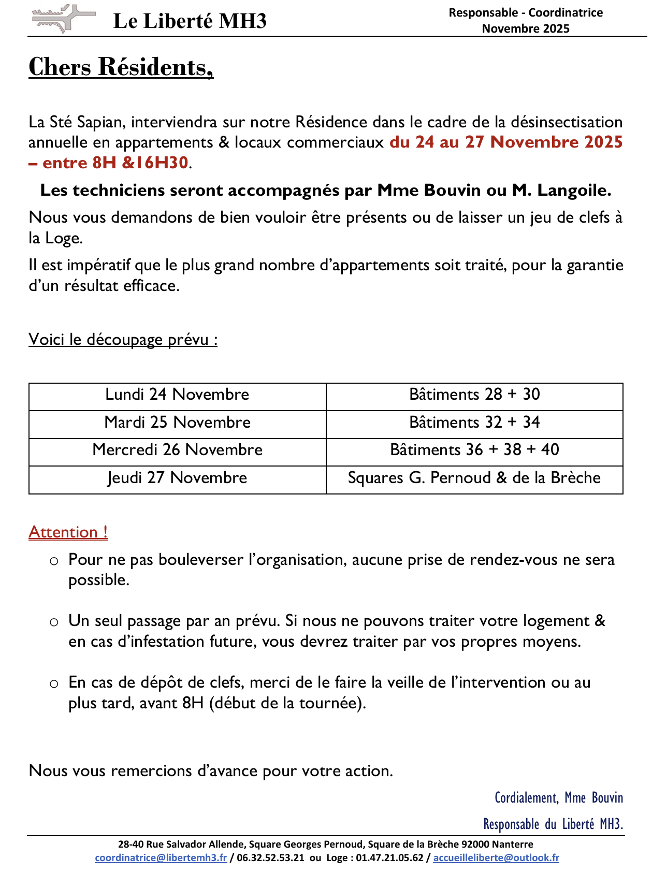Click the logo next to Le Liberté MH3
[x=63, y=19]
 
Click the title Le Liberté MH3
[x=190, y=21]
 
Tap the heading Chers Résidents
[x=121, y=67]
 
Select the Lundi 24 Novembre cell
[x=177, y=395]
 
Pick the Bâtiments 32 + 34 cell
[x=474, y=423]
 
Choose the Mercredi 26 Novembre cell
[x=177, y=450]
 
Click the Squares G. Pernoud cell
[x=474, y=478]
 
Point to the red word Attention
[x=68, y=532]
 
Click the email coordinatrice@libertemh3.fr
[x=161, y=858]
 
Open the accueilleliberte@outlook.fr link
[x=496, y=858]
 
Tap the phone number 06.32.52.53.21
[x=271, y=858]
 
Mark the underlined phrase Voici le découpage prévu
[x=123, y=340]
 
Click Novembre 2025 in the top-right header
[x=526, y=28]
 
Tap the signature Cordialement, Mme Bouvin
[x=559, y=798]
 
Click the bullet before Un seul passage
[x=54, y=622]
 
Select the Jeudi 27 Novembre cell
[x=177, y=478]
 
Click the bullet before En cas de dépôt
[x=54, y=683]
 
